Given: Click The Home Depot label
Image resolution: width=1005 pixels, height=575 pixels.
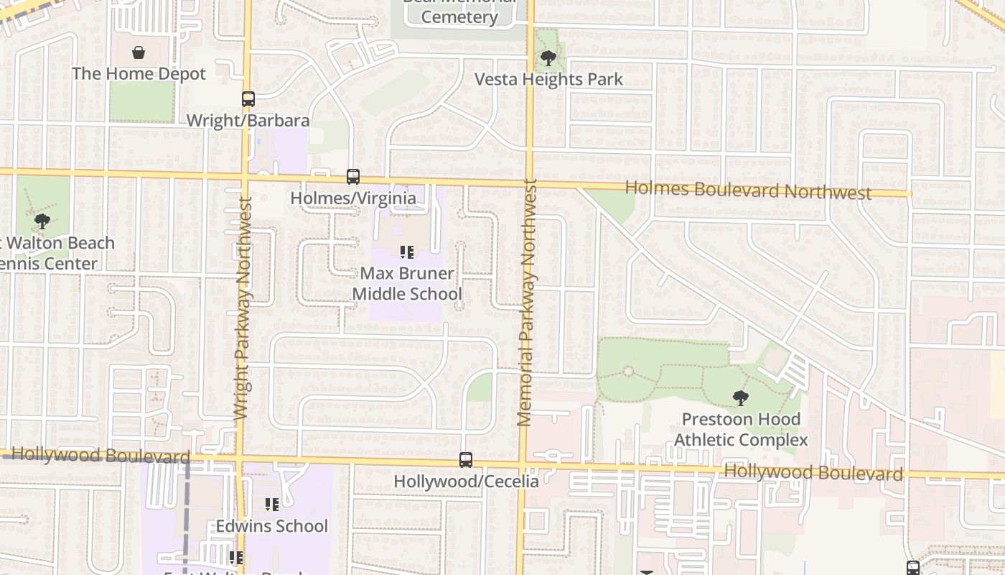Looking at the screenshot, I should click(139, 74).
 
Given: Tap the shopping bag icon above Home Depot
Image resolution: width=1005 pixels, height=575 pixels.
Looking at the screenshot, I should click(139, 52).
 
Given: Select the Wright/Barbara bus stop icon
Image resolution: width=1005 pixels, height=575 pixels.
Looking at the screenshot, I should click(248, 99).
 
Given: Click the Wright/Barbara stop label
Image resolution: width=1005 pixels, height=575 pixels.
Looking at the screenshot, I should click(248, 120).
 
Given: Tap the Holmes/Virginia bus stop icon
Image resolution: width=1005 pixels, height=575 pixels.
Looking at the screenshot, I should click(352, 176).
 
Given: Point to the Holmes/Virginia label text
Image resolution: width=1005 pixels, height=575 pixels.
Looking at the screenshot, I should click(352, 198).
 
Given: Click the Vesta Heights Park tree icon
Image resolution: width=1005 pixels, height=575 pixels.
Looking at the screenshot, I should click(548, 58).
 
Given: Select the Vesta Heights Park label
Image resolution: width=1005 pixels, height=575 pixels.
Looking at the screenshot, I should click(548, 79).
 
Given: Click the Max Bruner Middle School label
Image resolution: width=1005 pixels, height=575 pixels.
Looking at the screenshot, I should click(407, 283).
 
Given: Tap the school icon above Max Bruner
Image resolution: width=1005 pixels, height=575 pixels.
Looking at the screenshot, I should click(407, 252).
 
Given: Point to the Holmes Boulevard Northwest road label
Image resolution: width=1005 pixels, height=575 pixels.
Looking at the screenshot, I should click(748, 190).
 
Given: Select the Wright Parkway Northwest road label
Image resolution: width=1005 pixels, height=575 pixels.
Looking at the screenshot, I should click(243, 309).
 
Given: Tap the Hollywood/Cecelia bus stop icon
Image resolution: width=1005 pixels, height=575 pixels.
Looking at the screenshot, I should click(466, 460).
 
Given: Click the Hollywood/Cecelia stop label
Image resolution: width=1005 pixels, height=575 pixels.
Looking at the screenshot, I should click(466, 481).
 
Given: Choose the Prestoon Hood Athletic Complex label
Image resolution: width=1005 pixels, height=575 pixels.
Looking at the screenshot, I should click(741, 429).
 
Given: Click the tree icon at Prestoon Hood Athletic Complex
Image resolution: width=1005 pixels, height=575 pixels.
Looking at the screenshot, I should click(740, 397).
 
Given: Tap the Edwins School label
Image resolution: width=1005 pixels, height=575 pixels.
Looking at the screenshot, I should click(272, 526).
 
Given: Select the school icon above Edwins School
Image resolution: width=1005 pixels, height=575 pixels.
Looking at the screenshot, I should click(271, 505).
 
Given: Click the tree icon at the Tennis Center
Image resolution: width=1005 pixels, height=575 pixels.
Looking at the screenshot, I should click(42, 221).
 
